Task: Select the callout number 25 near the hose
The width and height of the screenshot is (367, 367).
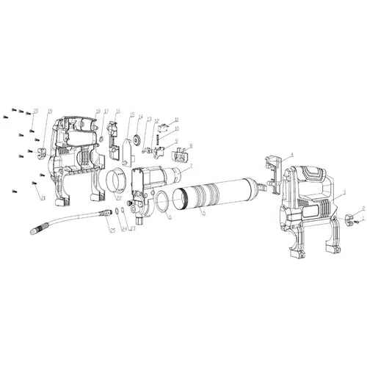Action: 112,231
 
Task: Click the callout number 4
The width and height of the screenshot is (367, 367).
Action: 291,156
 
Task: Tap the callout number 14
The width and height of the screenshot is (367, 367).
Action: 140,117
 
